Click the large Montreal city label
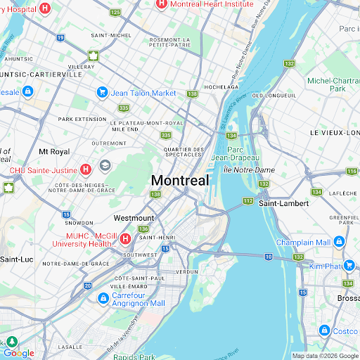pos(180,180)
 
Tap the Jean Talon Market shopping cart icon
pos(102,93)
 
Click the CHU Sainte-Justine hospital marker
pos(86,169)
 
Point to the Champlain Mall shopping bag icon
pos(339,242)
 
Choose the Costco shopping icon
pos(325,330)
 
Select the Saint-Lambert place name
pos(283,203)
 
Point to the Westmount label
pos(133,218)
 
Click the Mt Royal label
pos(53,151)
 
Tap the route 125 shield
pos(115,13)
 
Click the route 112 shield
pos(247,201)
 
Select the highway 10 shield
pos(268,256)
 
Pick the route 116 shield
pos(352,172)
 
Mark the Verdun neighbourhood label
pos(187,271)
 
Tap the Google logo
pos(18,353)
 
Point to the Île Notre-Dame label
pos(247,170)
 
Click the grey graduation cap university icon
pos(105,166)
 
